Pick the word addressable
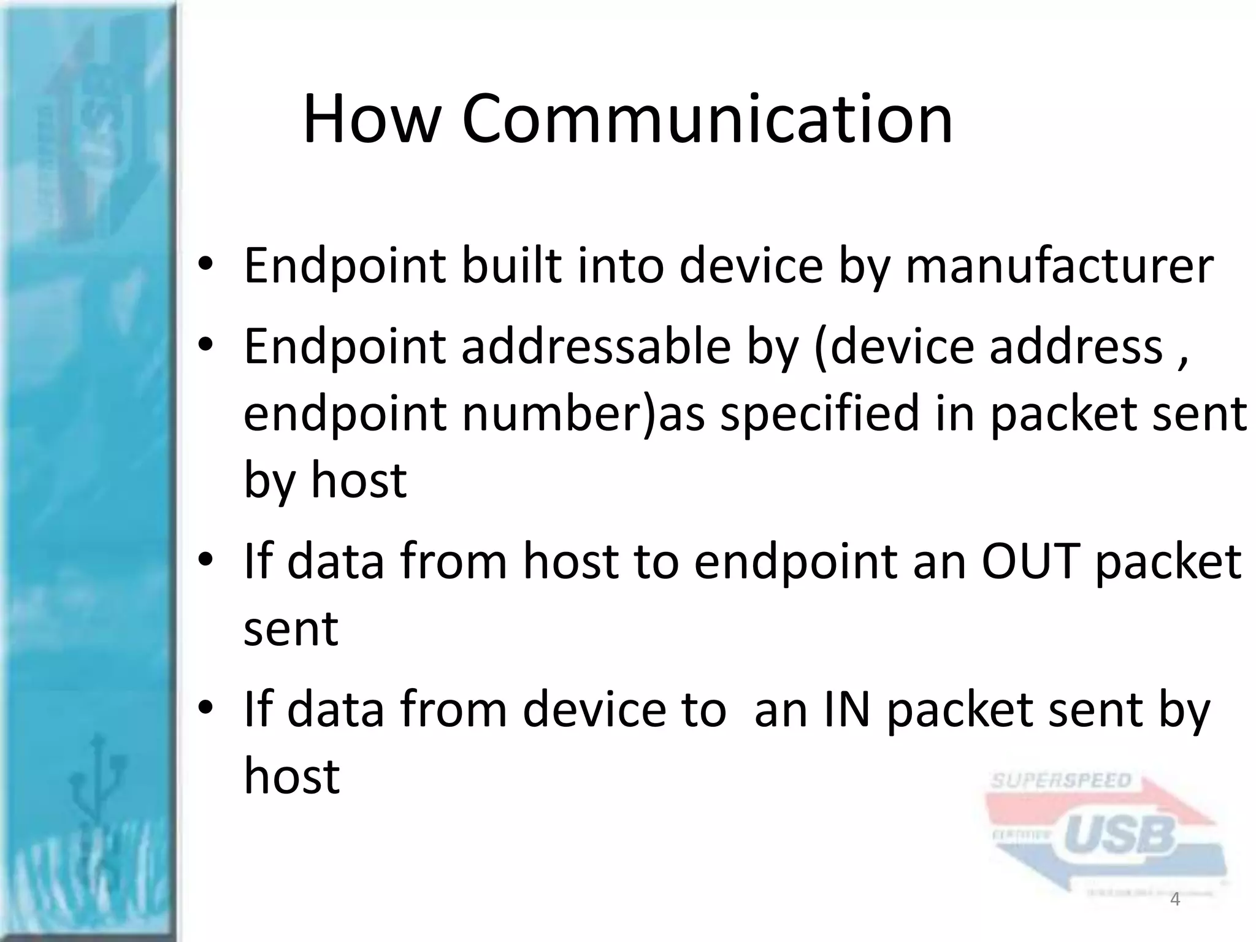[596, 347]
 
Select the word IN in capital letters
[846, 710]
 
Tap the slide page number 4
[1175, 900]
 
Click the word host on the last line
[291, 776]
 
